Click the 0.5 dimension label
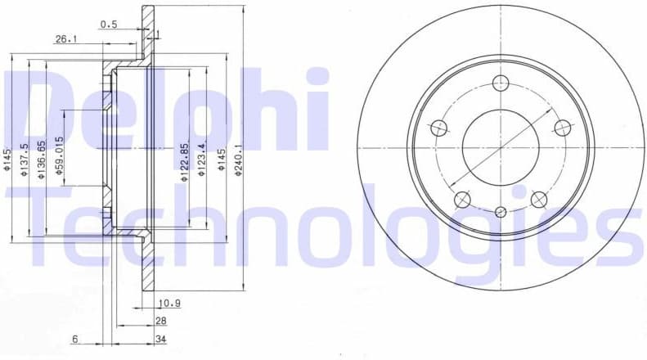coord(109,25)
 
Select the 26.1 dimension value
coord(66,39)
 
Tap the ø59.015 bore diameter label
coord(58,154)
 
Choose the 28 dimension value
coord(160,322)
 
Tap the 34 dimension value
coord(160,339)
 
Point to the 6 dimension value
coord(74,339)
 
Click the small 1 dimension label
coord(157,34)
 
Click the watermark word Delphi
coord(164,106)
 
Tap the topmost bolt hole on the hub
coord(501,83)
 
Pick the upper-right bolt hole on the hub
coord(562,127)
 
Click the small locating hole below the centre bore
coord(501,212)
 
